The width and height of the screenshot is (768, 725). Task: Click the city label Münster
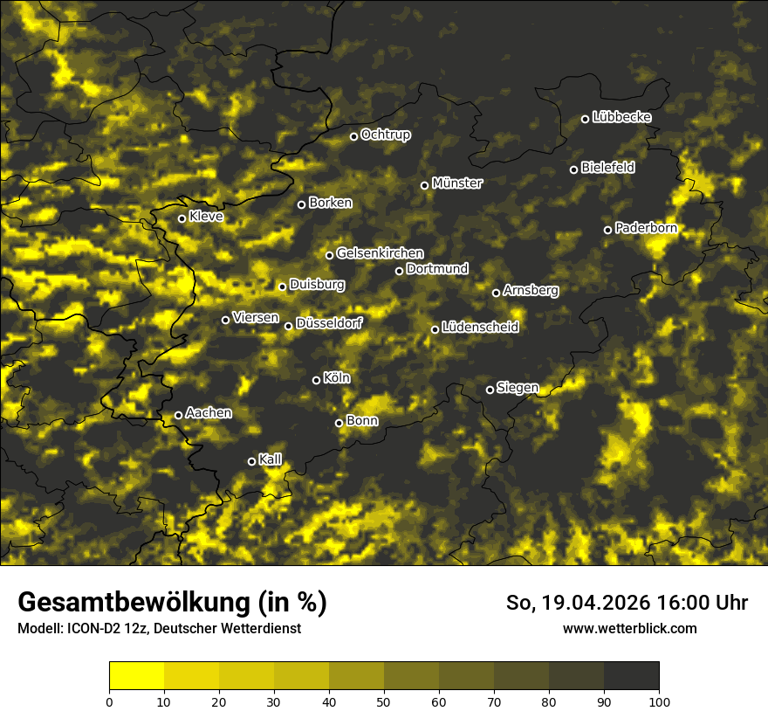457,183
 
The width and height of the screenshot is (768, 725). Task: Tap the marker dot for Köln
316,380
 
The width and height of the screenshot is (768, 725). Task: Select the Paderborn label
646,228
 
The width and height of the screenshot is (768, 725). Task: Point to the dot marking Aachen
178,415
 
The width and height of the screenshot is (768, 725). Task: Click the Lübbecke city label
621,117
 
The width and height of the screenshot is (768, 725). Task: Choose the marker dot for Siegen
490,390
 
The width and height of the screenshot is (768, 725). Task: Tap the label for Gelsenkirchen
380,253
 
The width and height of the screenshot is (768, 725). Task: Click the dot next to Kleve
182,218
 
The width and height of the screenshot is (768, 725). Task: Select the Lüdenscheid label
480,328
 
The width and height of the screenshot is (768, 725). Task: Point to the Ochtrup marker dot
353,136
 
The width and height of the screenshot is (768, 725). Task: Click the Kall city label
271,459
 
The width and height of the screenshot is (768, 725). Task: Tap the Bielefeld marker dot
573,169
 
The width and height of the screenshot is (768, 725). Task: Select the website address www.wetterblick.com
629,628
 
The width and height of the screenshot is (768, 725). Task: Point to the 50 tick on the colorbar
384,701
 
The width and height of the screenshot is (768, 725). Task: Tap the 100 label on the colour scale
659,701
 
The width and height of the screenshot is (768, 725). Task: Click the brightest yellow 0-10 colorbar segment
137,676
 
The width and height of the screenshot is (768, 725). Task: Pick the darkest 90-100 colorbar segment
631,676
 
